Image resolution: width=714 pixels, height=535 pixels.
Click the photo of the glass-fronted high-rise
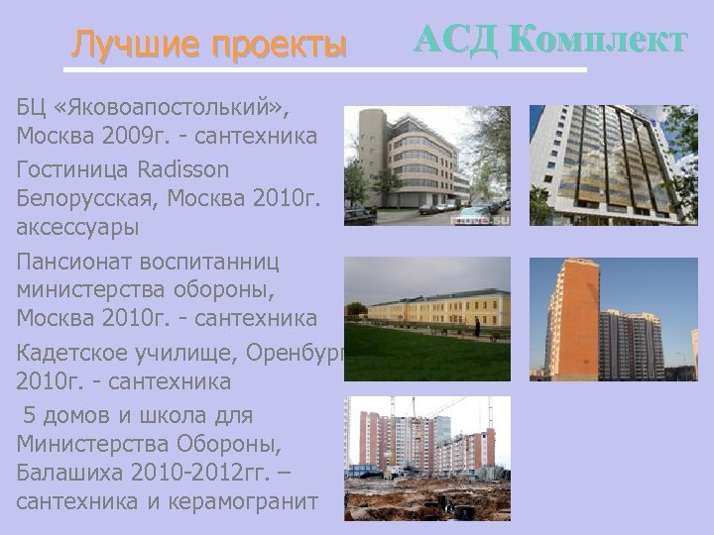coord(606,165)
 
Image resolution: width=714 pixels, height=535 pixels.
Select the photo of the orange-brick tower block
coord(606,319)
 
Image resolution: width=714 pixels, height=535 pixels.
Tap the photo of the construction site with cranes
coord(426,458)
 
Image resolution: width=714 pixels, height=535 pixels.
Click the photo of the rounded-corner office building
coord(426,165)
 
